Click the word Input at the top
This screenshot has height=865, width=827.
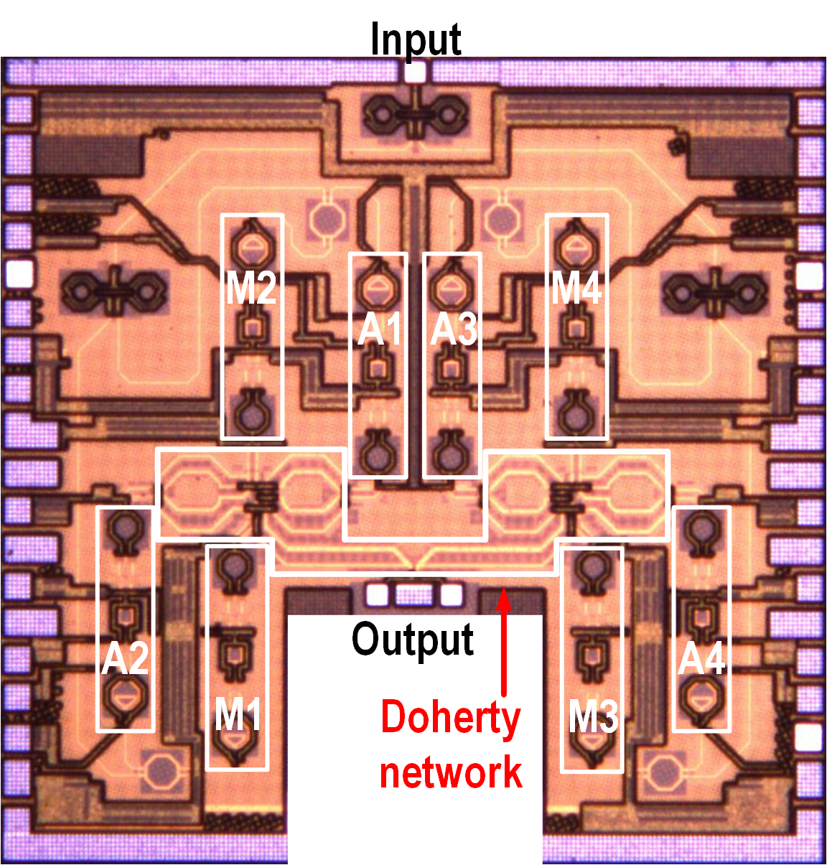click(415, 39)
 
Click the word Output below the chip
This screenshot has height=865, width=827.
click(413, 638)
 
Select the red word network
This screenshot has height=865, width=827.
click(450, 772)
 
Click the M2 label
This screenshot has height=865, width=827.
click(251, 289)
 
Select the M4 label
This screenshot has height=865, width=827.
click(576, 289)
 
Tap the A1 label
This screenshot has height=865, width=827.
click(379, 329)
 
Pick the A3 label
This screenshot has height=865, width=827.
click(453, 329)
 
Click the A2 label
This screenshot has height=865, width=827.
click(126, 658)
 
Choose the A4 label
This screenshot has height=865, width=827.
click(701, 658)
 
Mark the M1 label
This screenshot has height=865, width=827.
click(238, 715)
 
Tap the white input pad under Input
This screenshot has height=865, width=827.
click(415, 73)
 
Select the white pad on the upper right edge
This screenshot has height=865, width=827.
click(809, 276)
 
